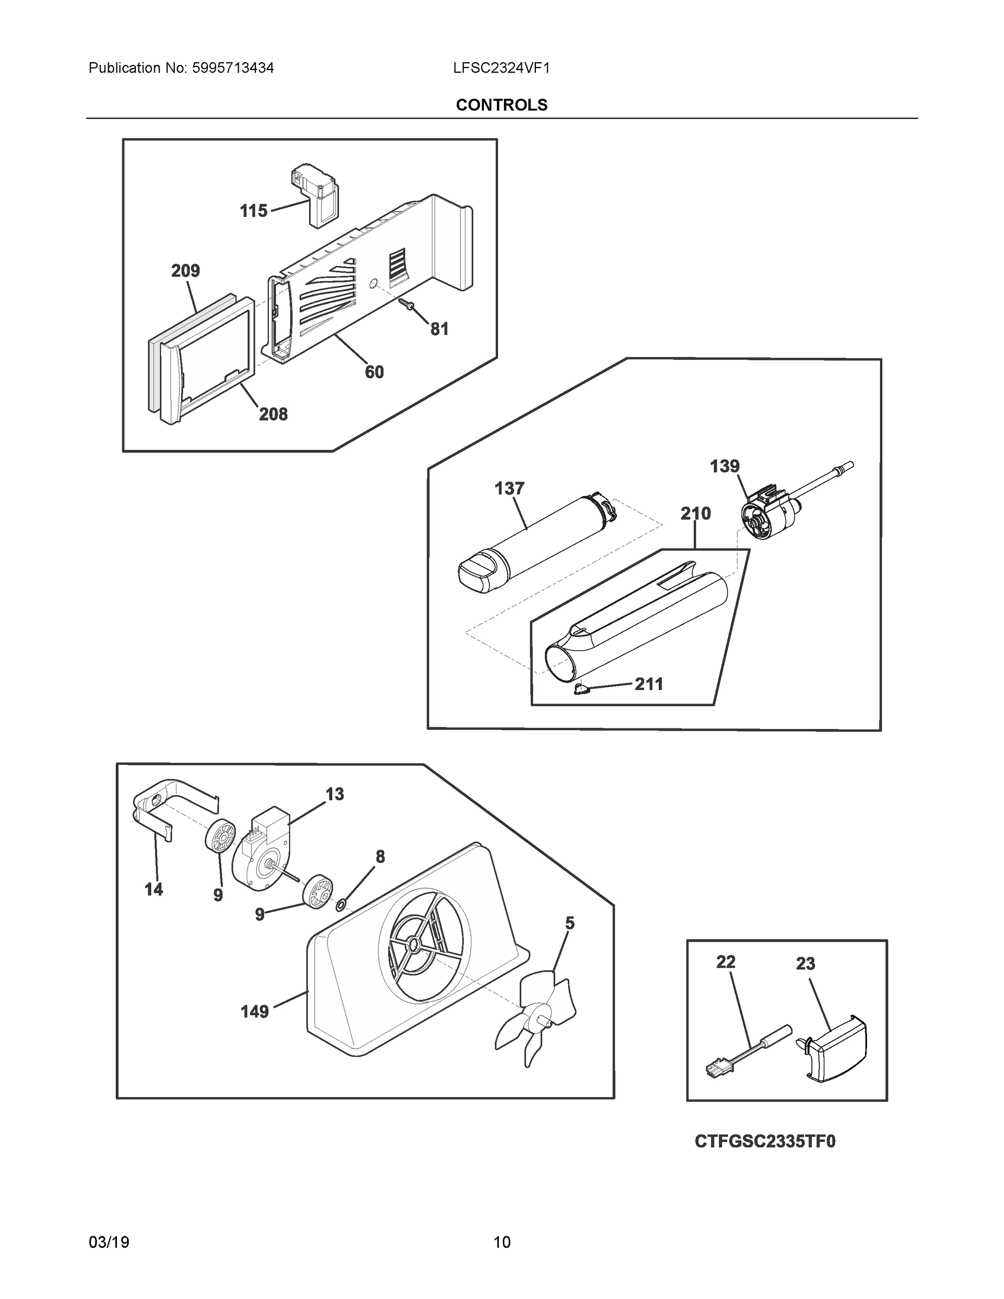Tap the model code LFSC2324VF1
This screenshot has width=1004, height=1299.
[x=501, y=68]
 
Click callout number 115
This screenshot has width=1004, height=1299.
[x=253, y=211]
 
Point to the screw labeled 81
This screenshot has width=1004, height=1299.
[x=408, y=305]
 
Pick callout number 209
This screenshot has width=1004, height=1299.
[x=186, y=271]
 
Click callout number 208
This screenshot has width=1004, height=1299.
[x=273, y=414]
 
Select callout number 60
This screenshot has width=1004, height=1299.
[x=374, y=372]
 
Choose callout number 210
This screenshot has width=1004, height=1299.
[x=695, y=513]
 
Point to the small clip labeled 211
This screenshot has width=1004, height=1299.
[x=581, y=689]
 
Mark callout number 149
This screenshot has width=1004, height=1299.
[x=254, y=1011]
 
